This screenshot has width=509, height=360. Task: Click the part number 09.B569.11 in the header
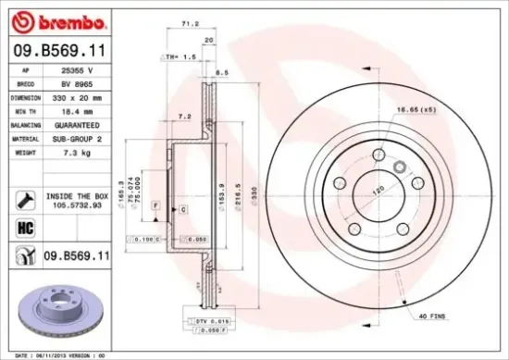pyautogui.click(x=57, y=52)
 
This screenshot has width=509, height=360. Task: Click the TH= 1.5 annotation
pyautogui.click(x=182, y=56)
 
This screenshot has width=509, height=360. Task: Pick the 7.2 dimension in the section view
pyautogui.click(x=185, y=118)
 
